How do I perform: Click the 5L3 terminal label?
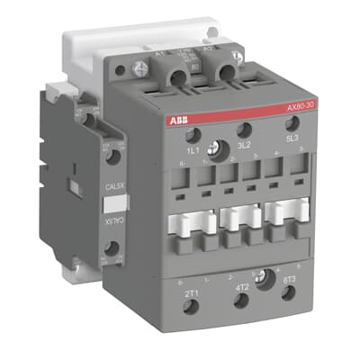[292, 139]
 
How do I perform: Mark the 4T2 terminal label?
[242, 290]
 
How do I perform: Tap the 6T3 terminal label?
[289, 281]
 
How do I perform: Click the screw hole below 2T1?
[192, 308]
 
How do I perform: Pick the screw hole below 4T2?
[243, 304]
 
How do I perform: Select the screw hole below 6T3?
[291, 293]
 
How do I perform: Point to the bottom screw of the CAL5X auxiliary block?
[112, 263]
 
